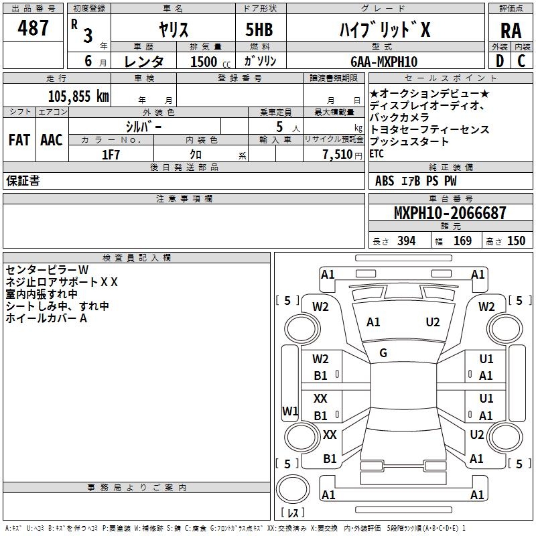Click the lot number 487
33,28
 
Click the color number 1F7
111,154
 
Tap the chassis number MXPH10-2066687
450,214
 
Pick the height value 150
516,241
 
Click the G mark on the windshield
383,353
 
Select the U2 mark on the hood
433,322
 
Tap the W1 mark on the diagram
290,410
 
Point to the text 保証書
23,181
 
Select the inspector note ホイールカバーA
46,318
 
